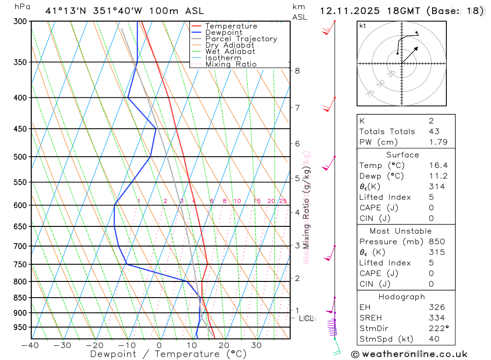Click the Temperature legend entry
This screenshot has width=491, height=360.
tap(231, 26)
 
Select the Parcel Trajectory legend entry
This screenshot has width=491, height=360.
tap(241, 39)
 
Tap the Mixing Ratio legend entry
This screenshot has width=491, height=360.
tap(231, 64)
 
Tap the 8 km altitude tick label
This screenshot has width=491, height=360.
tap(297, 71)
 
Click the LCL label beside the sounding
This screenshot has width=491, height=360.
tap(306, 318)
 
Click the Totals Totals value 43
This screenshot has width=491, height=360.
tap(434, 132)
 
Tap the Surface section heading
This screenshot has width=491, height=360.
tap(402, 155)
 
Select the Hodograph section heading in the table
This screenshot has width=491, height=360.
tap(402, 297)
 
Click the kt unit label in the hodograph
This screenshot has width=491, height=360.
tap(362, 26)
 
